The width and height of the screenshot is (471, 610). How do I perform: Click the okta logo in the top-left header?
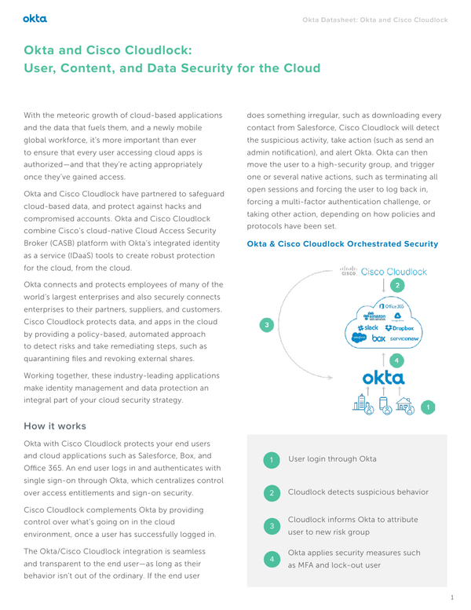click(35, 16)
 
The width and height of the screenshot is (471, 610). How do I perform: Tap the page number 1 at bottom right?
click(452, 597)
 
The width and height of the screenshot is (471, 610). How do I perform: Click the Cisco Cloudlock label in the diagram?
click(385, 272)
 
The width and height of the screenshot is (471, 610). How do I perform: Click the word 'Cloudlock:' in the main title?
click(153, 50)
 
